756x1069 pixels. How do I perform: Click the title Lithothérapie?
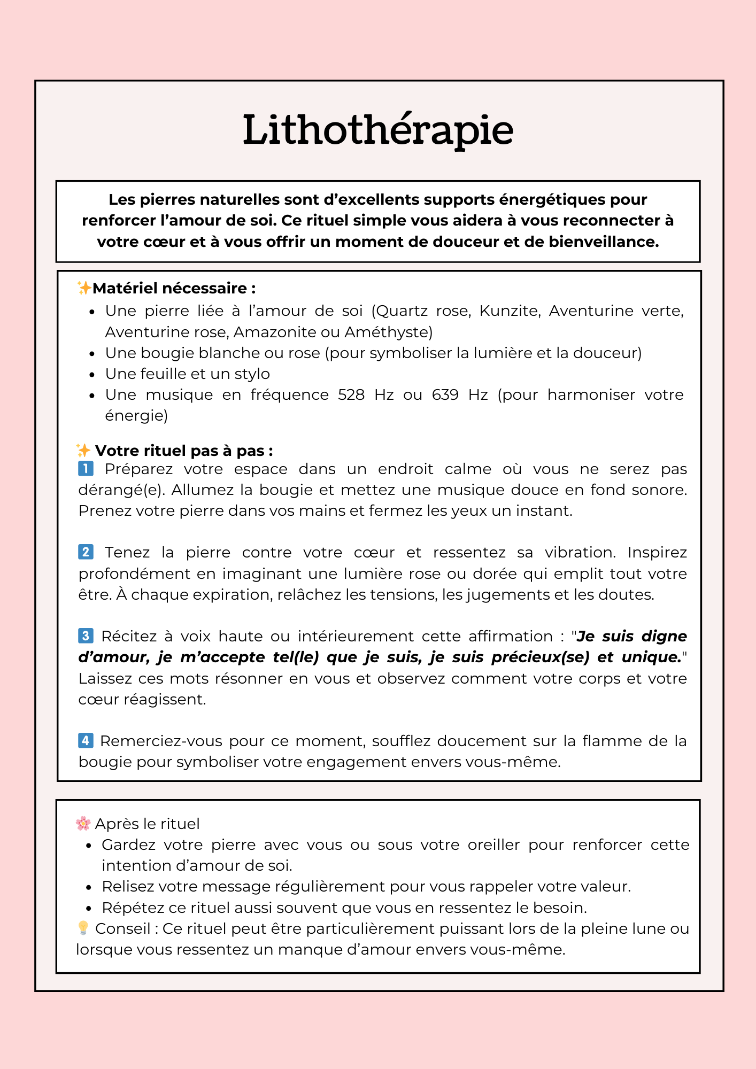click(x=377, y=130)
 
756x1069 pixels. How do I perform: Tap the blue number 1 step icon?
click(x=86, y=469)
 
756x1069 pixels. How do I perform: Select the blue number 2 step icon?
click(x=86, y=552)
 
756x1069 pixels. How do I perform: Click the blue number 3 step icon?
click(x=86, y=636)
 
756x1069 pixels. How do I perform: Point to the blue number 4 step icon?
click(x=86, y=740)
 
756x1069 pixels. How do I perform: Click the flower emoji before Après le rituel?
click(x=83, y=823)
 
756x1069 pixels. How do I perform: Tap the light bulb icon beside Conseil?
click(x=83, y=928)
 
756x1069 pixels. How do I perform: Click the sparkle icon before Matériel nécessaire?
click(x=84, y=288)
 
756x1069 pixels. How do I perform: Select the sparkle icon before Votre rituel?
click(x=83, y=450)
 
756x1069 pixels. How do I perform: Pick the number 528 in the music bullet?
click(x=351, y=395)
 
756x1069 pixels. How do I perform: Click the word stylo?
click(x=252, y=374)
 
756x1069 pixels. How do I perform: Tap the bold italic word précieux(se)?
click(x=540, y=657)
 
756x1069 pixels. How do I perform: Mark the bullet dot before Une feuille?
click(x=92, y=375)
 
